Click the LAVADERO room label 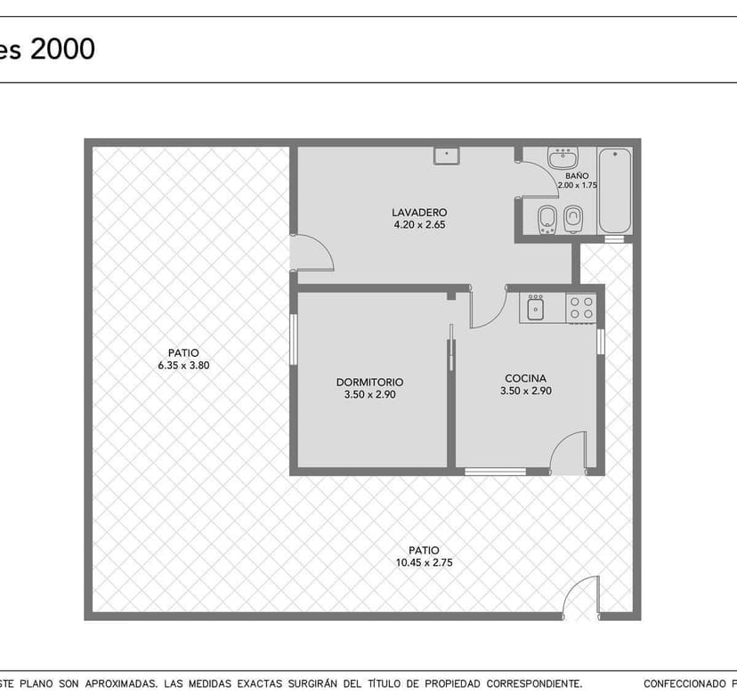tap(418, 213)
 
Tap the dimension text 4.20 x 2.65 tap(418, 225)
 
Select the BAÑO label tap(577, 176)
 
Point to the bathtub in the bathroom tap(615, 190)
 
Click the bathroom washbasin tap(563, 159)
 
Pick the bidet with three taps tap(547, 218)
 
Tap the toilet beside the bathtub tap(574, 218)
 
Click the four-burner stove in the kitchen tap(582, 308)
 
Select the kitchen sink tap(536, 308)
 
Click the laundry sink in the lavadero tap(446, 156)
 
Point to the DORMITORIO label tap(369, 383)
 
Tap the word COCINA tap(525, 378)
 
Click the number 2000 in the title tap(62, 49)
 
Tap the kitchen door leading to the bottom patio tap(568, 454)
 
